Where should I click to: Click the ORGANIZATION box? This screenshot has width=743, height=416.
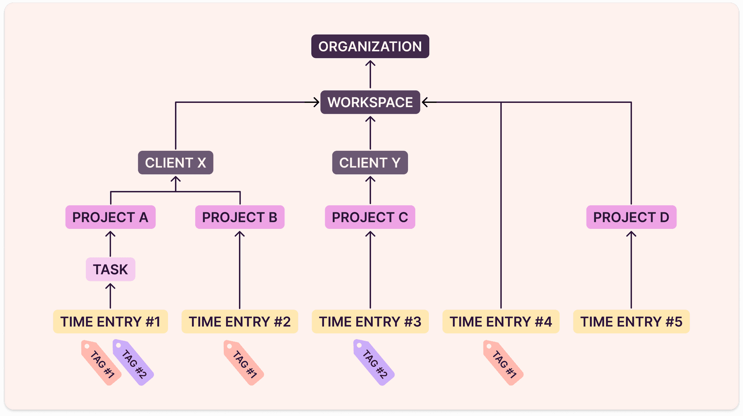[370, 46]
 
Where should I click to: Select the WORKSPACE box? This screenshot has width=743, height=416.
[370, 102]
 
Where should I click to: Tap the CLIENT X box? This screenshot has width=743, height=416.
[175, 162]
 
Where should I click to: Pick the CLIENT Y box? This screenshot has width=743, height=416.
[370, 162]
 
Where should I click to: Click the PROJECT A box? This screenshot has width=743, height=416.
[110, 217]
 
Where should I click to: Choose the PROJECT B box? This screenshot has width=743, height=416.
[239, 217]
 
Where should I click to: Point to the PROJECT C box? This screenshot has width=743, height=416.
[370, 217]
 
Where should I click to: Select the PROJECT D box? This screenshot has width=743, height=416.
[631, 217]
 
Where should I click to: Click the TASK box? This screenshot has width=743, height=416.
[110, 269]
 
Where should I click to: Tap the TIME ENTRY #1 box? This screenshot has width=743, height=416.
[110, 321]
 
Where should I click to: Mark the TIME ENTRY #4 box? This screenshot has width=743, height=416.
[501, 321]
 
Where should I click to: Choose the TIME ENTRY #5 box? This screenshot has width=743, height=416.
[631, 321]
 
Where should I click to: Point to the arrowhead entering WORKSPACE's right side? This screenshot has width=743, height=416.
[425, 102]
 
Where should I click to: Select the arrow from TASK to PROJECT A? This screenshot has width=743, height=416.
[110, 244]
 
